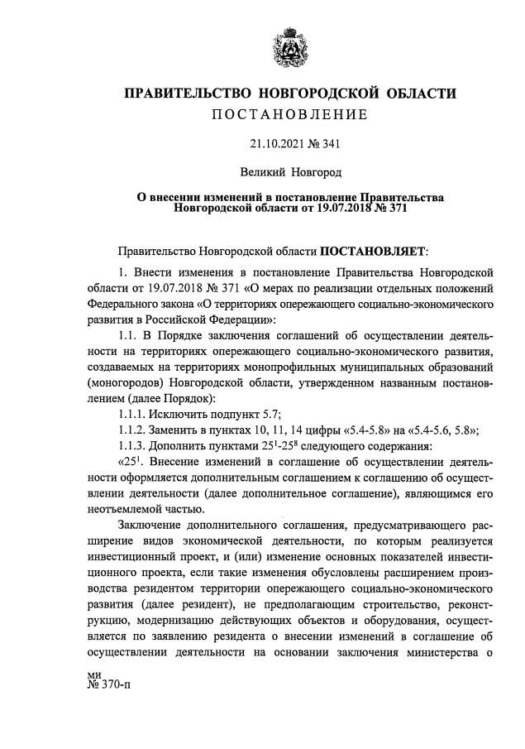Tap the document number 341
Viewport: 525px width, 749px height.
[x=331, y=143]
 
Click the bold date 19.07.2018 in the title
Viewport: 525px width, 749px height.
[x=342, y=209]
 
